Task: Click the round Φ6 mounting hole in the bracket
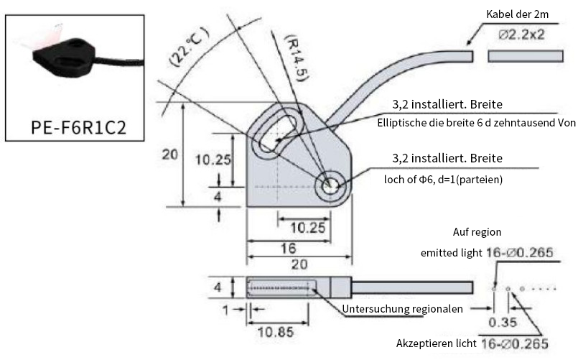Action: tap(332, 185)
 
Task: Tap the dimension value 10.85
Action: tap(276, 333)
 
